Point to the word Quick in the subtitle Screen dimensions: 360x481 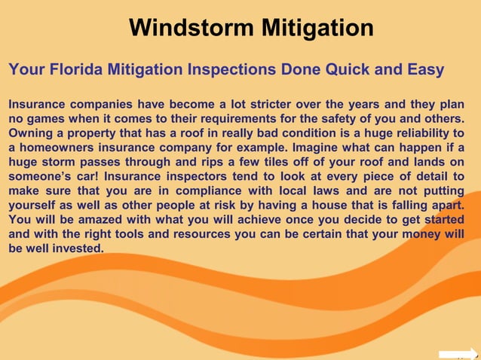click(339, 70)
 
